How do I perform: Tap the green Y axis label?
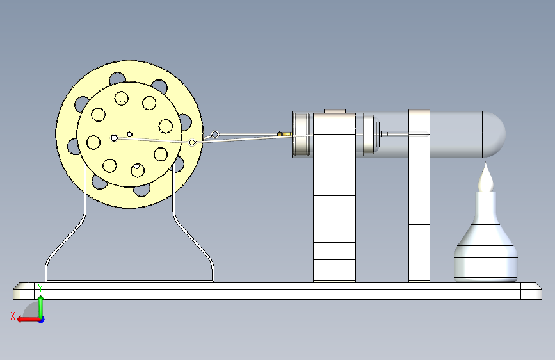pos(40,288)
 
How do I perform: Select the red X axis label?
pos(13,316)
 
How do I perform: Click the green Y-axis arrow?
pos(41,307)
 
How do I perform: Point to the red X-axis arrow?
pos(29,320)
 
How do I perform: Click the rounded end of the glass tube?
pos(494,135)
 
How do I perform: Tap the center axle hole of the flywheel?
pos(114,138)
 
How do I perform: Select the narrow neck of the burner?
pos(485,202)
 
